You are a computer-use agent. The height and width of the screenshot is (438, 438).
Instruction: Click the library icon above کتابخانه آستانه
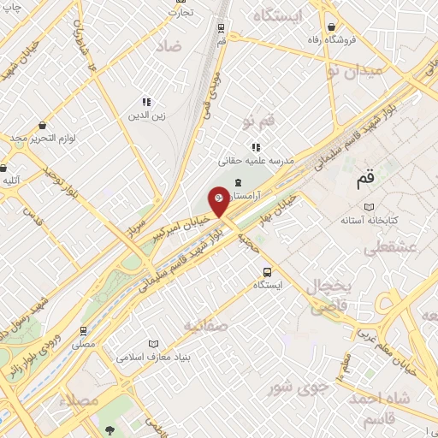369,207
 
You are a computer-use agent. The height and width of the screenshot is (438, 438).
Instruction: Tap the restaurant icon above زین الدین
146,101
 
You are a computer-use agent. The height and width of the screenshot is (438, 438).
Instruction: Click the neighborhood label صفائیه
204,325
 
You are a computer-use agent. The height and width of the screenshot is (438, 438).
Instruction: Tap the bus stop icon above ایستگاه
268,271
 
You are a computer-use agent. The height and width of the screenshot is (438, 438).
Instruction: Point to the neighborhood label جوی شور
301,387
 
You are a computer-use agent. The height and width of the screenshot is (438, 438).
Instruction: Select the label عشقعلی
389,249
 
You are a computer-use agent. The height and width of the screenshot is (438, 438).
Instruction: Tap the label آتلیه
12,180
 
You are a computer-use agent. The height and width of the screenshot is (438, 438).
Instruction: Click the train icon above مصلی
83,329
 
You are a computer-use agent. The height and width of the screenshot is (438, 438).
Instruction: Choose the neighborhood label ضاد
168,46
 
